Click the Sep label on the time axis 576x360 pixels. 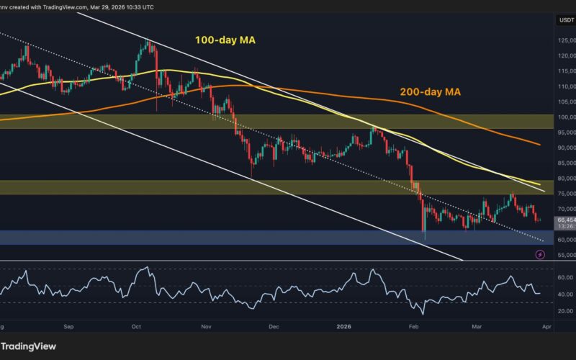(x=68, y=325)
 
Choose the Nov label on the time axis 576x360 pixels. (x=207, y=325)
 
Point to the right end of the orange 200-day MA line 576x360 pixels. (x=540, y=144)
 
